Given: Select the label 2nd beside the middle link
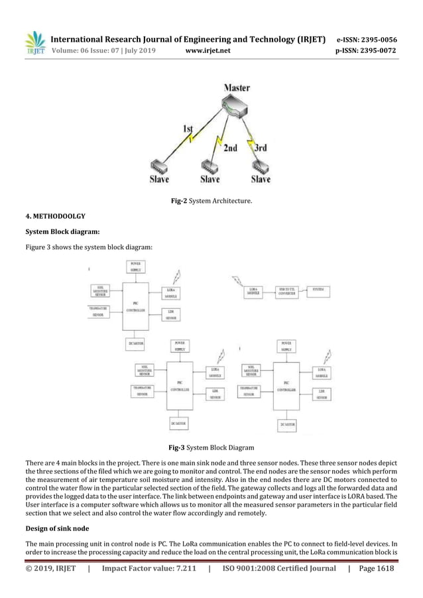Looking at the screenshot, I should click(x=228, y=149).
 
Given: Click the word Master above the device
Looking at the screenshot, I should click(x=236, y=88).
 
